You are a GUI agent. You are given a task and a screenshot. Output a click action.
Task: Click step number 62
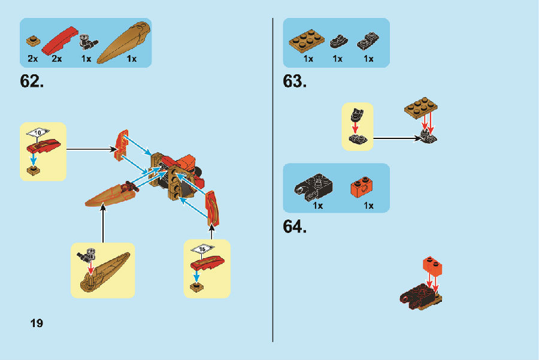click(x=32, y=81)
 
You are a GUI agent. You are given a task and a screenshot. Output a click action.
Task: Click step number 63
click(x=295, y=81)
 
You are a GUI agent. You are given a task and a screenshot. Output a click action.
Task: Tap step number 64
click(x=295, y=227)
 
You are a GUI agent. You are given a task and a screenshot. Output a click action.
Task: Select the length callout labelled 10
click(x=40, y=132)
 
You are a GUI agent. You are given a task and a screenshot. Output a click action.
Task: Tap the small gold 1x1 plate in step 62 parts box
click(x=32, y=42)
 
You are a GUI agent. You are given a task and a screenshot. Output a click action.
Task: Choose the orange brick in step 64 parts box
click(x=361, y=187)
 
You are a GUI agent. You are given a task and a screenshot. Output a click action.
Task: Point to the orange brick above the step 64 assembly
click(x=434, y=265)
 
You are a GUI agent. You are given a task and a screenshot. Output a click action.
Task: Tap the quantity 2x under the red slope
click(x=57, y=59)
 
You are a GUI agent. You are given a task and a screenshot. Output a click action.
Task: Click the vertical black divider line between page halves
click(x=273, y=180)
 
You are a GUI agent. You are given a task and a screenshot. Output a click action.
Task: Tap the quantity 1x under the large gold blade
click(x=132, y=59)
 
